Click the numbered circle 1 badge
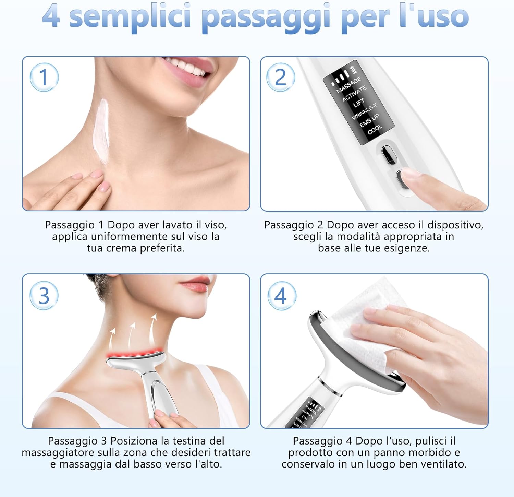click(x=44, y=77)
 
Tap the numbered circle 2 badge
click(x=281, y=77)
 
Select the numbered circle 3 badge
click(x=44, y=296)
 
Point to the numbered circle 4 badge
click(x=281, y=296)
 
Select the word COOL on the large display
click(x=375, y=129)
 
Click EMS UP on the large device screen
click(x=369, y=120)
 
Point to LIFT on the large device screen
click(x=359, y=103)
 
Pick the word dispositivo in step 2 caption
click(x=455, y=225)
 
